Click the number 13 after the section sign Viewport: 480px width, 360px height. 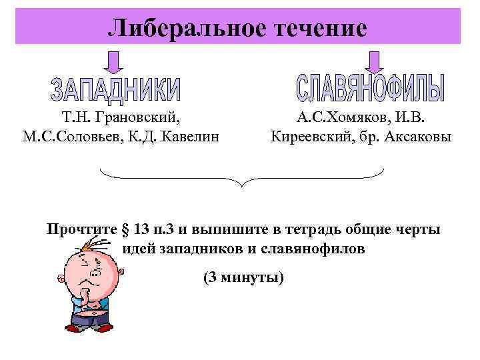click(141, 230)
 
